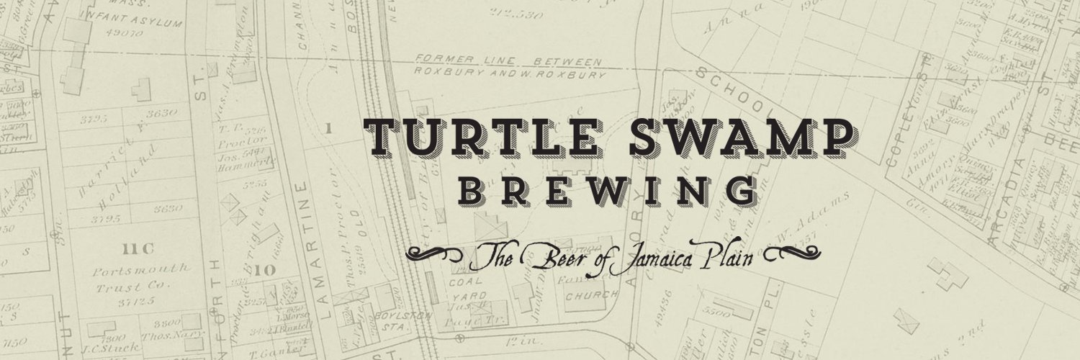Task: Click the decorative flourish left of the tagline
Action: [x=435, y=253]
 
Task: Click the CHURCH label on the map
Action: [x=591, y=295]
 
